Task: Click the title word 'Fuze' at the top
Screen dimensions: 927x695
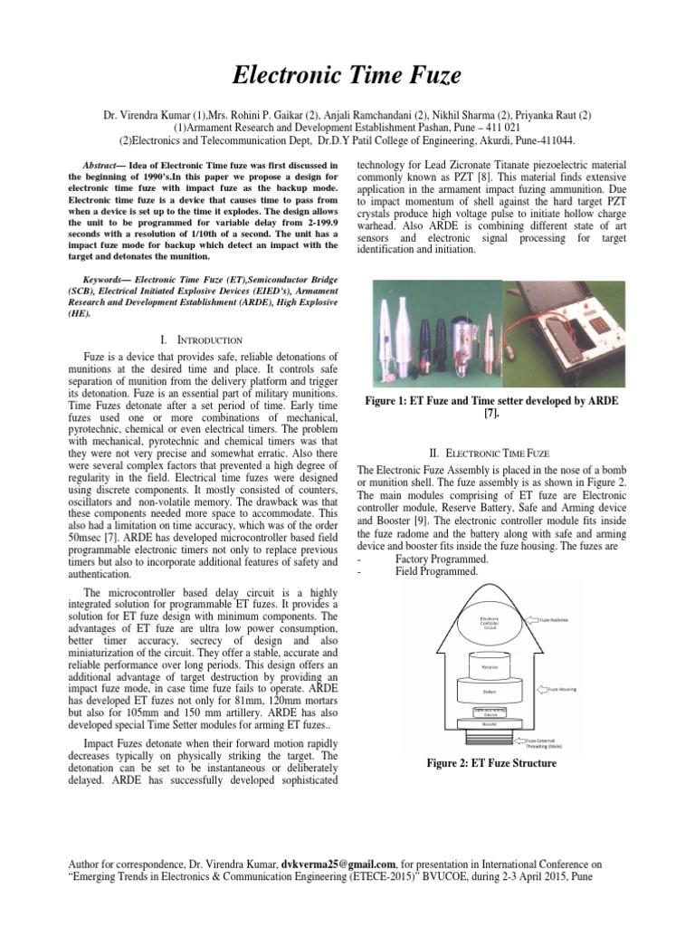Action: coord(428,76)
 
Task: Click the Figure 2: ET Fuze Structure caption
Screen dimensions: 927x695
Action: coord(491,763)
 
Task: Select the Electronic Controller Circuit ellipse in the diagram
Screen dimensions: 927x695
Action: coord(488,624)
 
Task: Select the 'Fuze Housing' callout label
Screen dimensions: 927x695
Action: coord(565,689)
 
